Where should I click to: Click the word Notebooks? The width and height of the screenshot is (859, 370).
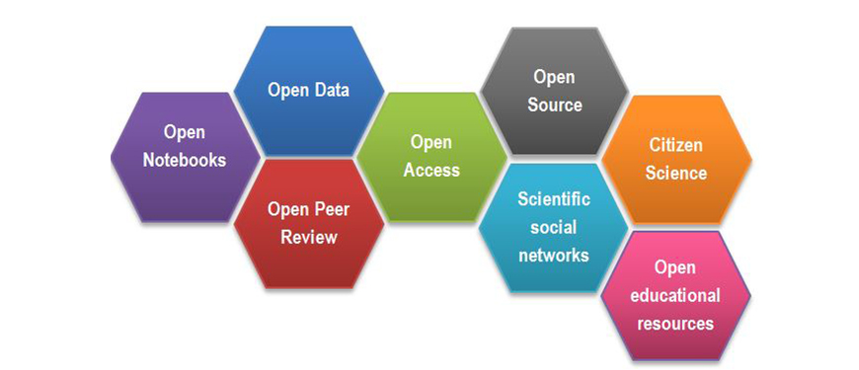[184, 160]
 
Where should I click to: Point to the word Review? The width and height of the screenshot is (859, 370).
[308, 237]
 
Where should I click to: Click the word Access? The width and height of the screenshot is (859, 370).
[431, 170]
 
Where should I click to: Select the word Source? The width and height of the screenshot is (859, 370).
[554, 105]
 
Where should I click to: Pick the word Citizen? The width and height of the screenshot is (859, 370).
[676, 145]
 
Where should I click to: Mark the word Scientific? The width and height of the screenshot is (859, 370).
[554, 198]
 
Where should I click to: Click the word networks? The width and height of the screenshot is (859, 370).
[554, 255]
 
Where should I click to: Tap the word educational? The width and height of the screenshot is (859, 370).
[675, 295]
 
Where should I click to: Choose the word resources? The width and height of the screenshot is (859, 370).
[675, 323]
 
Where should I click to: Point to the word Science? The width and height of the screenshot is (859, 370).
[676, 174]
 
